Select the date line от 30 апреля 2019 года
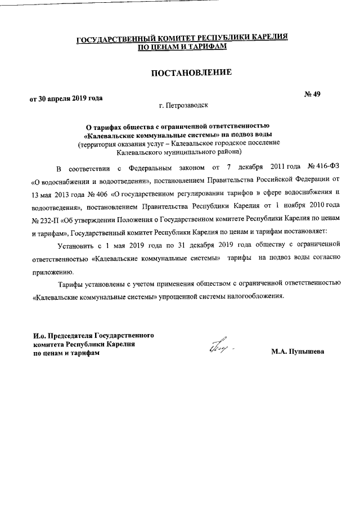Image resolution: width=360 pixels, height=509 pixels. (66, 98)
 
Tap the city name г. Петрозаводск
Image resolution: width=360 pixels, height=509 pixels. (183, 105)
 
